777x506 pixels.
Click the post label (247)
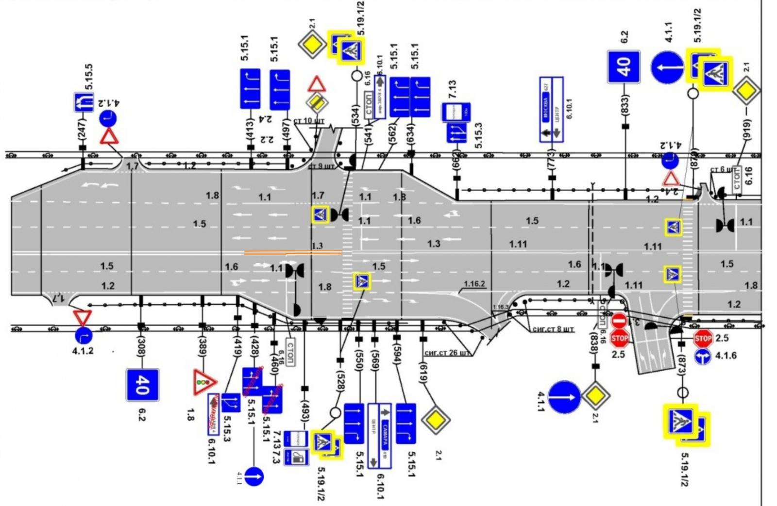[x=82, y=129]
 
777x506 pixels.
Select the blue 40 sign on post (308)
[x=142, y=385]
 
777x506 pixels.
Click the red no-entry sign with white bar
[x=619, y=321]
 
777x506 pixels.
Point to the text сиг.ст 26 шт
[x=447, y=353]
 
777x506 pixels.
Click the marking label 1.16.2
[x=474, y=284]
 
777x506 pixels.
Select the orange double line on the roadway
[x=293, y=252]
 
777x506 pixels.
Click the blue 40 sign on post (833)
[x=624, y=66]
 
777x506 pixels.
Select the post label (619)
[x=423, y=373]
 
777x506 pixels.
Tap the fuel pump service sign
[x=296, y=457]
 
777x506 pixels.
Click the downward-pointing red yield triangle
[x=83, y=317]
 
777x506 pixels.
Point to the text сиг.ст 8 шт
[x=553, y=329]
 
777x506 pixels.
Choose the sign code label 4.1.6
[x=726, y=356]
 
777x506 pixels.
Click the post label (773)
[x=551, y=158]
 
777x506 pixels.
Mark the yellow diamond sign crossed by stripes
[x=317, y=102]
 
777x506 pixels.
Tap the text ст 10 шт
[x=309, y=121]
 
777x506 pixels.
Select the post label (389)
[x=203, y=347]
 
